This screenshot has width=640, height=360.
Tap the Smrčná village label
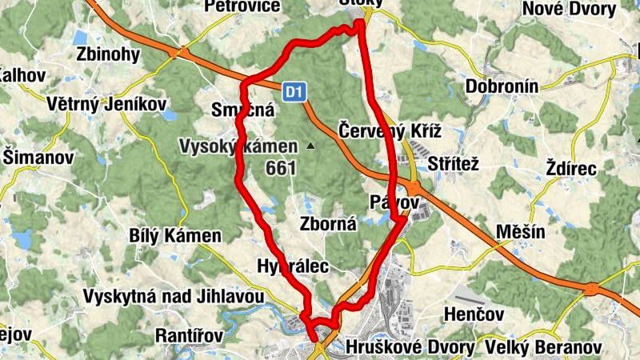coord(243,110)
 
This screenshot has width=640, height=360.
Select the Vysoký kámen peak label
coord(238,146)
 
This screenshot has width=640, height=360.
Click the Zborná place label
coord(328,224)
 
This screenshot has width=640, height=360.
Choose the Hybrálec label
coord(294,266)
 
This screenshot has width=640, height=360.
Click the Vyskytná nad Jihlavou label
coord(174,297)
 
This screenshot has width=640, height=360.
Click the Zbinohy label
coord(108,54)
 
